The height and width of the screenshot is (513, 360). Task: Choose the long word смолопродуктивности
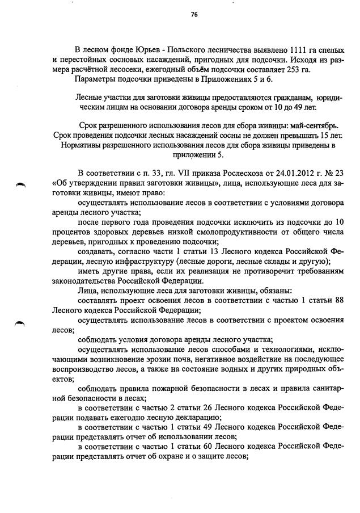coord(206,233)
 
